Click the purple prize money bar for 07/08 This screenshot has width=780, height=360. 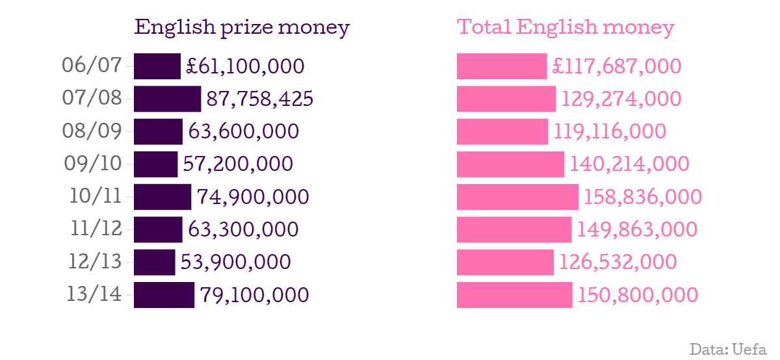[x=167, y=99]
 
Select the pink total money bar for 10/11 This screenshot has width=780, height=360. [x=517, y=197]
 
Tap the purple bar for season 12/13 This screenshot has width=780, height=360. [x=154, y=262]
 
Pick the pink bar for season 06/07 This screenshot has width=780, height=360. [x=502, y=66]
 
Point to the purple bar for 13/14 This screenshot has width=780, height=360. [x=164, y=294]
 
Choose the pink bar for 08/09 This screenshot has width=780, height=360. [x=502, y=131]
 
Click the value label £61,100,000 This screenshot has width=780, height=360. [x=245, y=66]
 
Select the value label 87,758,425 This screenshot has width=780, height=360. [x=260, y=99]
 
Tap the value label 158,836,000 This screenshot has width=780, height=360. [x=643, y=197]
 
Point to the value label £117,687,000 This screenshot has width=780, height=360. [x=617, y=66]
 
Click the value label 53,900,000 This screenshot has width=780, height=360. [x=235, y=262]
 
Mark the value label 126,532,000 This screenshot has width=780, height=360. [x=618, y=262]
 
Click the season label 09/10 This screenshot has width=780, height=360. [x=93, y=164]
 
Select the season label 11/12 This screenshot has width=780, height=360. [x=95, y=229]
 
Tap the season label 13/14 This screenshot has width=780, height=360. [x=94, y=294]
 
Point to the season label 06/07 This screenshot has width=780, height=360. [x=92, y=66]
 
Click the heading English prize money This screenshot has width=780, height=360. [x=242, y=28]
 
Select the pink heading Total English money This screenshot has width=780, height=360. [x=565, y=28]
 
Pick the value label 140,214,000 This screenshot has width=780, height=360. [x=629, y=164]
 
